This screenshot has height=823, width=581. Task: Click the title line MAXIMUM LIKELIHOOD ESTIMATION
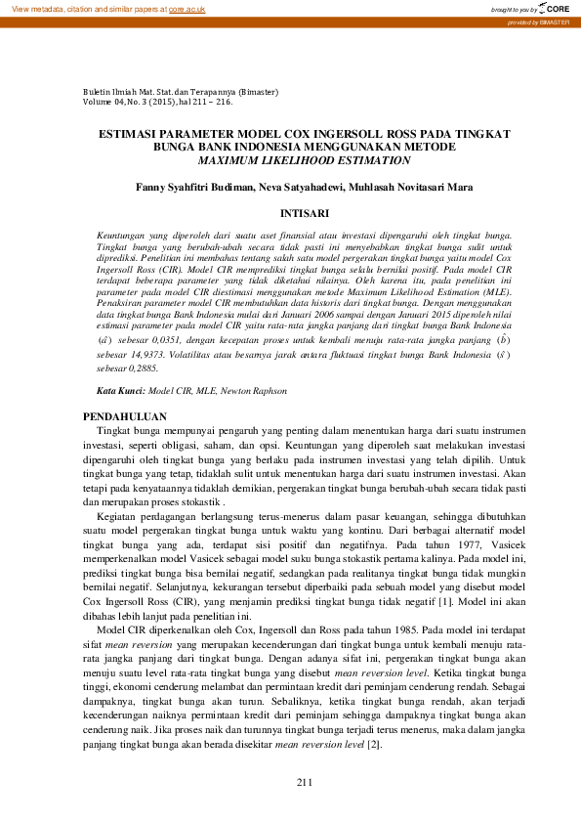304,159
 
